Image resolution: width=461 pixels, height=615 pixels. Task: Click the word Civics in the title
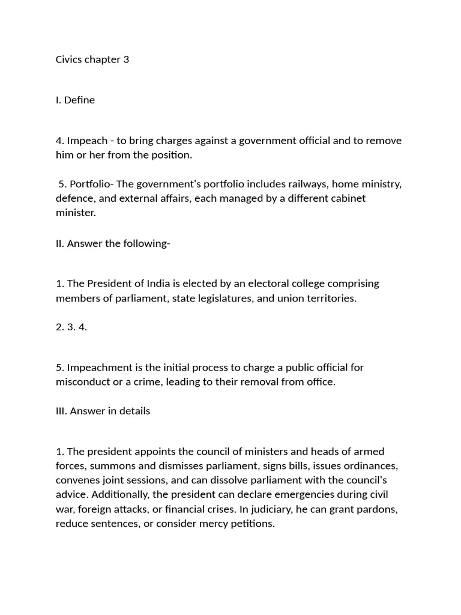(x=70, y=59)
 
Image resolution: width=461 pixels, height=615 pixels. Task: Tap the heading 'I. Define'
(x=75, y=100)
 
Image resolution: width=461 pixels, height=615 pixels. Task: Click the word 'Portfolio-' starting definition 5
(x=91, y=184)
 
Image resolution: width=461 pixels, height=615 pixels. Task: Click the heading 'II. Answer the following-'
(x=113, y=243)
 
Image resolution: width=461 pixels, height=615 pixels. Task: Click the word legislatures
(x=221, y=298)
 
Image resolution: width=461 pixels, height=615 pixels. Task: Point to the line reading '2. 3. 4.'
(x=71, y=327)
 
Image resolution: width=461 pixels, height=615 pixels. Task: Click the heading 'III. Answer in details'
(x=103, y=411)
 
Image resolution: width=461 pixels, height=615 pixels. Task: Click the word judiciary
(x=331, y=509)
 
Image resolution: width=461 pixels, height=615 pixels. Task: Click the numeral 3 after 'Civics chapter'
(x=126, y=59)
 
